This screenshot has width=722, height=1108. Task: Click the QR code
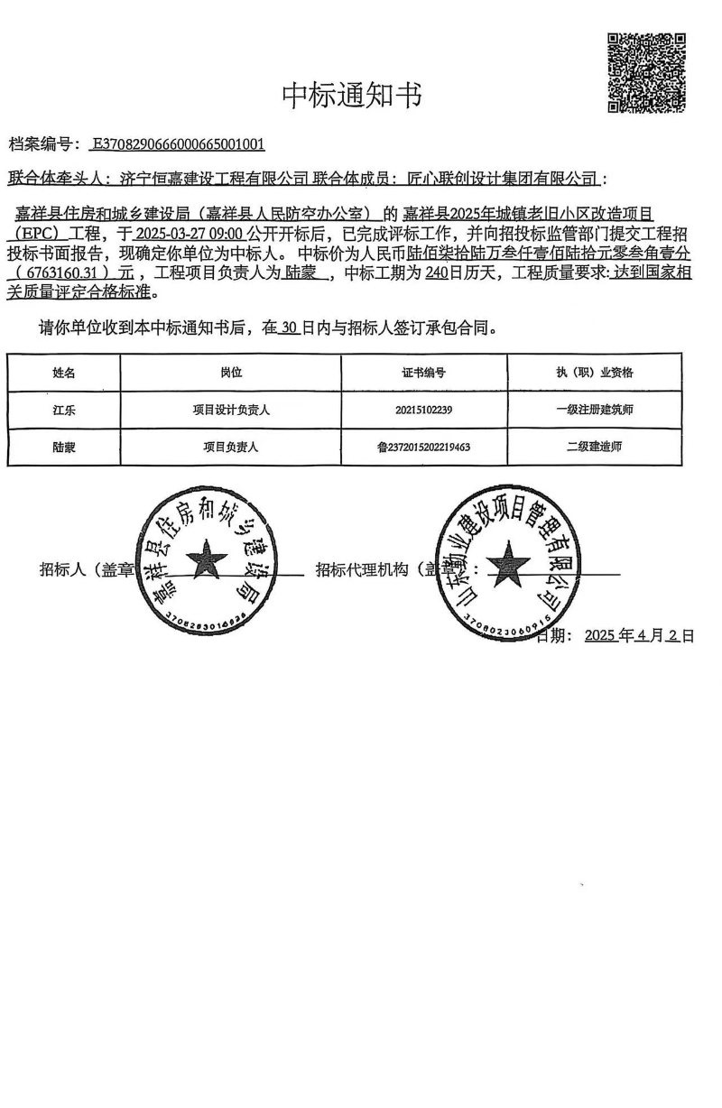coord(645,73)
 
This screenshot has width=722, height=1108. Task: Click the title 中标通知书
coord(352,95)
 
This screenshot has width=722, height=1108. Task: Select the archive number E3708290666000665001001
coord(178,144)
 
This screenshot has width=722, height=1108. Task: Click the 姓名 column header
coord(64,373)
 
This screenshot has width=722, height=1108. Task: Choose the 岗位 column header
coord(231,373)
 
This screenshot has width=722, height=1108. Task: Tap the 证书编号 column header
coord(423,373)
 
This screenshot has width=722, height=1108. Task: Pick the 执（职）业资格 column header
coord(595,373)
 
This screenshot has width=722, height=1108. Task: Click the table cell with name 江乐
coord(64,410)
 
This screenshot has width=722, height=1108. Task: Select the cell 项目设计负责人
coord(231,410)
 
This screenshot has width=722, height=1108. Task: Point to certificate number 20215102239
coord(423,410)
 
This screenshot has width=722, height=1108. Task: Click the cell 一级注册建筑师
coord(595,410)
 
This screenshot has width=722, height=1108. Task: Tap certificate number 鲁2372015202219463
coord(423,447)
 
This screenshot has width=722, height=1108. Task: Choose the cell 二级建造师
coord(595,447)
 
